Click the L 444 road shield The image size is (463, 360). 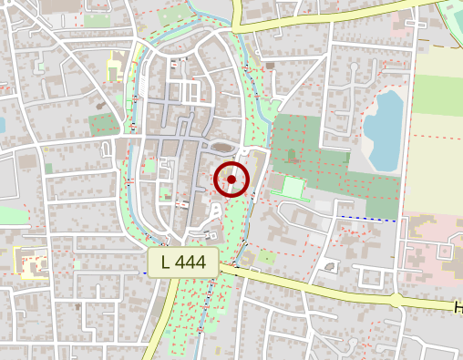183,262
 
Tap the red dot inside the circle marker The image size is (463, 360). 231,180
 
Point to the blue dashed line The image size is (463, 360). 368,218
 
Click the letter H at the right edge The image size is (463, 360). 458,309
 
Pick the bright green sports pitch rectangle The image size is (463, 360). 293,189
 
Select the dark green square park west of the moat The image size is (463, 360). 104,124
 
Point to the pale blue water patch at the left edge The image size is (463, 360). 2,125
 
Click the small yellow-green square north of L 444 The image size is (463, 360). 266,257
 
